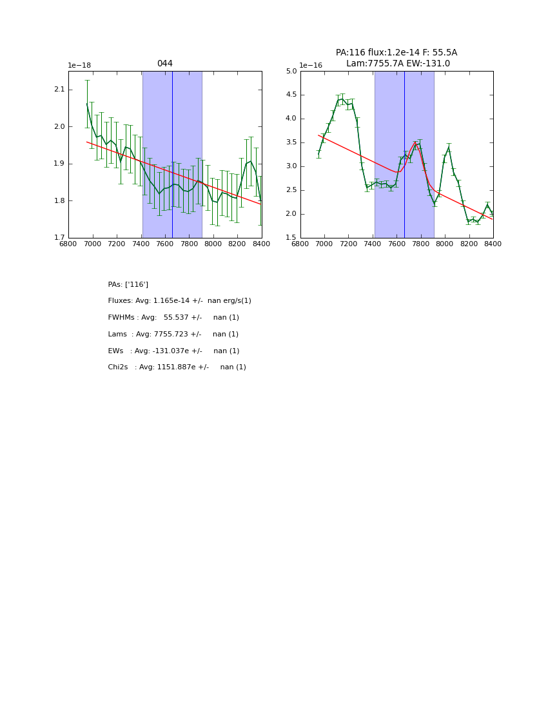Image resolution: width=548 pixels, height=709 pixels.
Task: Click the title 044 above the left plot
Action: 164,64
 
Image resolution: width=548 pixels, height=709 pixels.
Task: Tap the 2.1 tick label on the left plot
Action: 59,90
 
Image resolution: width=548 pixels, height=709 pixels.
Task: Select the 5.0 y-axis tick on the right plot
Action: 291,72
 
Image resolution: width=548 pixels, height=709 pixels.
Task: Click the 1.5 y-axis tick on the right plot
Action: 291,238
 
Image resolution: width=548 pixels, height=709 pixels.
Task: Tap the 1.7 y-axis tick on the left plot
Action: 59,238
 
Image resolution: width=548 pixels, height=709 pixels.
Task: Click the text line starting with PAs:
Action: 128,285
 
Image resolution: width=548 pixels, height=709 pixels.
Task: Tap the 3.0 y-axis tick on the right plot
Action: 291,166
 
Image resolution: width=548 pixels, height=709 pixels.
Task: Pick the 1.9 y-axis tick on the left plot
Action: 59,164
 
